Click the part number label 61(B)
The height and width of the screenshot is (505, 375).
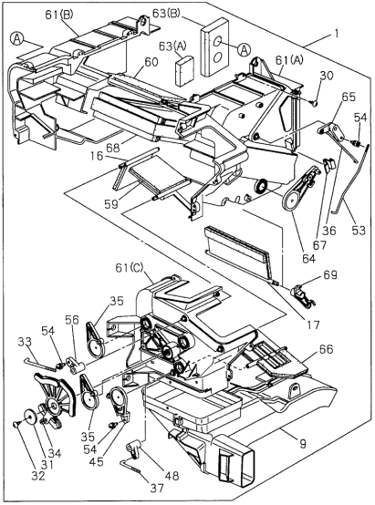pyautogui.click(x=59, y=15)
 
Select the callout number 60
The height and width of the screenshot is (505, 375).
pyautogui.click(x=151, y=62)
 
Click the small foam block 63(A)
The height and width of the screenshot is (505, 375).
pyautogui.click(x=184, y=70)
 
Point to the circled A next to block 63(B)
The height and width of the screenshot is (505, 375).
pyautogui.click(x=245, y=49)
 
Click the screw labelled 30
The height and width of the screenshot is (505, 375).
pyautogui.click(x=314, y=103)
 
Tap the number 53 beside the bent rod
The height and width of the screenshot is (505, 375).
pyautogui.click(x=359, y=231)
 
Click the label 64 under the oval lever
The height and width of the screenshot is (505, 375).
pyautogui.click(x=308, y=258)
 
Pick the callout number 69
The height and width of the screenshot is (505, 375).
pyautogui.click(x=329, y=274)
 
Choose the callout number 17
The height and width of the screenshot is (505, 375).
pyautogui.click(x=312, y=325)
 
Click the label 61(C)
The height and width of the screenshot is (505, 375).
pyautogui.click(x=130, y=268)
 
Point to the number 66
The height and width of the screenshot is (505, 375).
pyautogui.click(x=327, y=349)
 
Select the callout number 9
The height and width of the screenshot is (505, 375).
pyautogui.click(x=302, y=445)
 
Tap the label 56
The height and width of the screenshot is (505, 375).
pyautogui.click(x=71, y=319)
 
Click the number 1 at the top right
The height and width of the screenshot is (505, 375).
pyautogui.click(x=337, y=33)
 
